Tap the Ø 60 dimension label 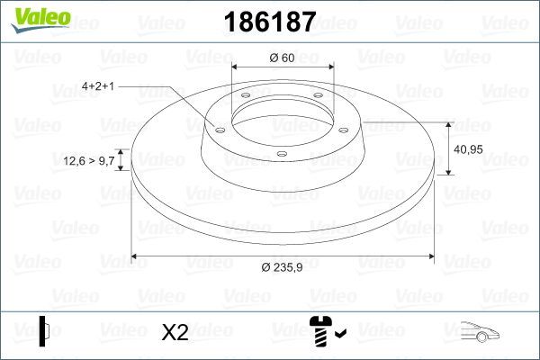point(283,58)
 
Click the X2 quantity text point(175,332)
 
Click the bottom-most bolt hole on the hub point(282,154)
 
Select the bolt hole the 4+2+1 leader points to point(219,130)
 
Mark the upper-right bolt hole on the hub point(319,99)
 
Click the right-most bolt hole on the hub point(346,129)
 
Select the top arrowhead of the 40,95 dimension point(448,123)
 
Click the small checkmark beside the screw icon point(338,335)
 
